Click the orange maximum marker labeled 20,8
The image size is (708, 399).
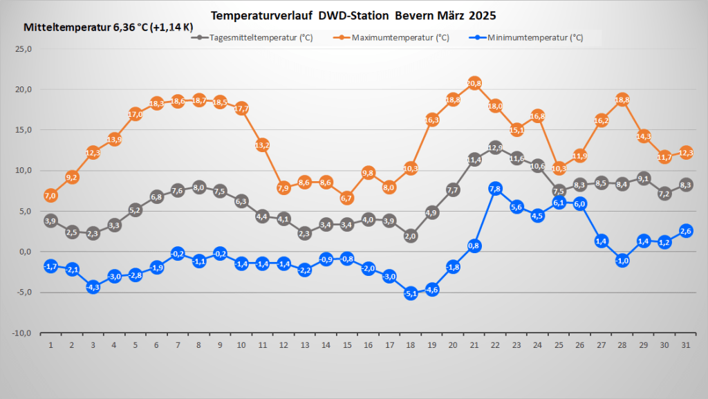474,84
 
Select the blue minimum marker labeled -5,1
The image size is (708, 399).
411,293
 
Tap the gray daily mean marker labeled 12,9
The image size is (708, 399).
495,147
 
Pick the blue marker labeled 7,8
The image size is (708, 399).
495,189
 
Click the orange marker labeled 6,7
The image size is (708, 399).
347,198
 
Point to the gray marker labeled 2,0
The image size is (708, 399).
411,236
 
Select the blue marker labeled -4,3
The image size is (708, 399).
93,286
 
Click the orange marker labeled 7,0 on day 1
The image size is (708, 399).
50,196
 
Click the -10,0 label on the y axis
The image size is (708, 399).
23,333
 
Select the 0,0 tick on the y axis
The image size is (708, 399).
26,252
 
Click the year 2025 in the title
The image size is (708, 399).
482,15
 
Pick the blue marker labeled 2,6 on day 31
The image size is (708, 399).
685,231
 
